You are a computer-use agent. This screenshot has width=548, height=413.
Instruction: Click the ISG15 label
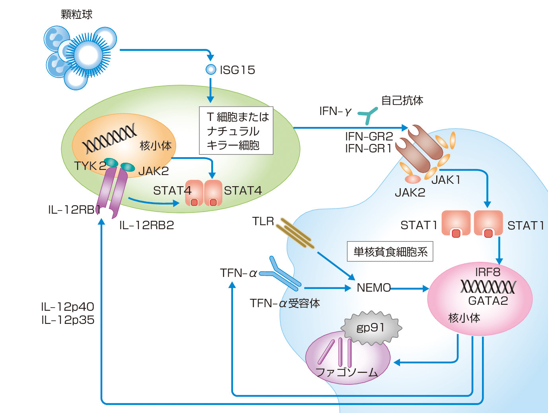(x=237, y=70)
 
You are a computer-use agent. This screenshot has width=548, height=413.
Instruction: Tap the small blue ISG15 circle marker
(x=211, y=70)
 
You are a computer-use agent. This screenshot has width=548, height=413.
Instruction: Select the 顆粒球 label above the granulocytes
(x=76, y=15)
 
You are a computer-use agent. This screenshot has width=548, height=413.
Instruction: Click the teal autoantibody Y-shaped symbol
(x=367, y=115)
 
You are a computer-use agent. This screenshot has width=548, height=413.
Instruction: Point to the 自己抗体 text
(x=402, y=100)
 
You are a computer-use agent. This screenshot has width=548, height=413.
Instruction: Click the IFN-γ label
(x=335, y=111)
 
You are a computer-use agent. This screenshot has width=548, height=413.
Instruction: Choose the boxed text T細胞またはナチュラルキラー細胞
(x=236, y=131)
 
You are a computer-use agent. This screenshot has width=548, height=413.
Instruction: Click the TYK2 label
(x=90, y=166)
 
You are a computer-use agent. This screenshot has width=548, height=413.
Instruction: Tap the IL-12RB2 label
(x=147, y=226)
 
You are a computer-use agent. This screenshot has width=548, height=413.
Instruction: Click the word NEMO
(x=373, y=288)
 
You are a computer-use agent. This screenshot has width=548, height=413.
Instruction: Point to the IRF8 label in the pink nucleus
(x=488, y=272)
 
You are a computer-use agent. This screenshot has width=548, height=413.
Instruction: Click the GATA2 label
(x=488, y=301)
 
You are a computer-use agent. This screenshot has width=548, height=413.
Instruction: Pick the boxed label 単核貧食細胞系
(x=390, y=251)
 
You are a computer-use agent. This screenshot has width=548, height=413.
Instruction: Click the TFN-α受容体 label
(x=285, y=304)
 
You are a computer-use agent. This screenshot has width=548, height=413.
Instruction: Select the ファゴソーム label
(x=346, y=372)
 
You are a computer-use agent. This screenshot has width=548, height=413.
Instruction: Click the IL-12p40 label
(x=68, y=307)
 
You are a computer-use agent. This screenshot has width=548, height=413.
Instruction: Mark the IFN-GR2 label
(x=369, y=136)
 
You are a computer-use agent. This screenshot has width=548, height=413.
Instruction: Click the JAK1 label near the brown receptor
(x=446, y=180)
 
